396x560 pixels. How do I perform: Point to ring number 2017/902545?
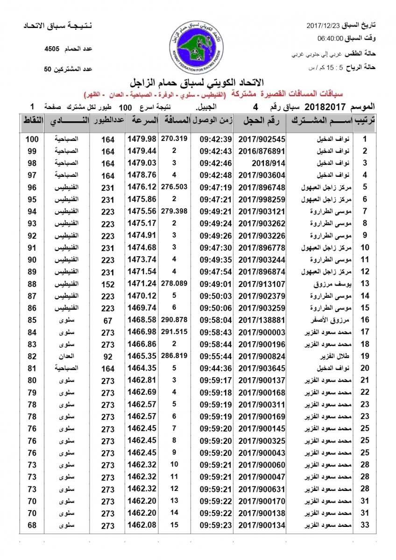262,139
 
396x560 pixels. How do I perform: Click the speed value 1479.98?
142,139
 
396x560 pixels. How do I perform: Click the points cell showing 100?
31,139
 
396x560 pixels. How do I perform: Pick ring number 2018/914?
262,163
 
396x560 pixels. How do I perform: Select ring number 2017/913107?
262,284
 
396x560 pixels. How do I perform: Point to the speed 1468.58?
142,320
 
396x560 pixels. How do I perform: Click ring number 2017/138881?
262,320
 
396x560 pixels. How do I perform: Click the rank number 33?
365,525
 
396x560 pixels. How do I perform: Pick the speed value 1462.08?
142,525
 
